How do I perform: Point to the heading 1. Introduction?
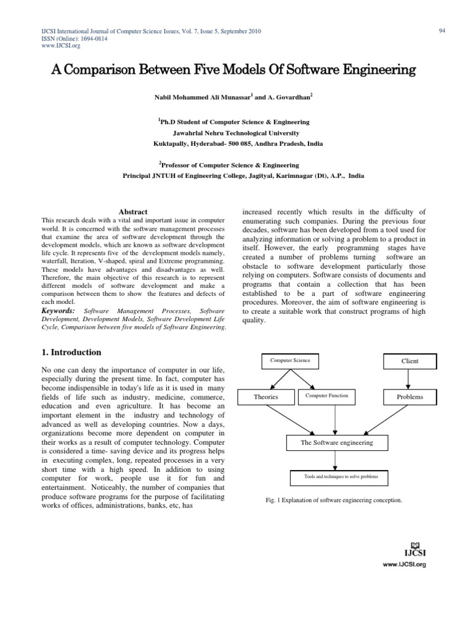73,353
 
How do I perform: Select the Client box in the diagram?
410,361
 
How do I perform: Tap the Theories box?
266,397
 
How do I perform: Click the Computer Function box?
326,396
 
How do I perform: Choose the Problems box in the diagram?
410,397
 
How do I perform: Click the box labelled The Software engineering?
336,442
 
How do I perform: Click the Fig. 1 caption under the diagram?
333,500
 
